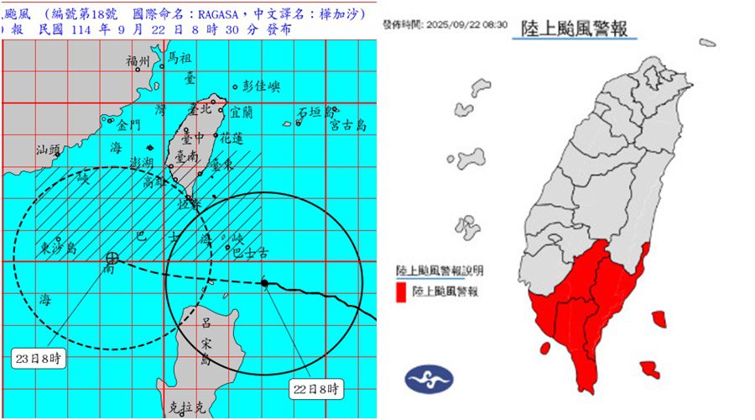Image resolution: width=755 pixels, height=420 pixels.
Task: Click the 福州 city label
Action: pos(138,61)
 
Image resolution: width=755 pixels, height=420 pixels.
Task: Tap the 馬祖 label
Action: pos(180,58)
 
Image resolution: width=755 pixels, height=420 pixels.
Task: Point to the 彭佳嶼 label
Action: pos(261,87)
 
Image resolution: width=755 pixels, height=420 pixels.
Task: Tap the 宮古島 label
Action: pos(348,125)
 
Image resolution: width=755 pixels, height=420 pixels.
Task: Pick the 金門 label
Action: pos(130,126)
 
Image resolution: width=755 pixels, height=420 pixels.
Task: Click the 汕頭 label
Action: pos(49,150)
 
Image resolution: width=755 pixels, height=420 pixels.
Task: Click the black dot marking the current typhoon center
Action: pos(265,284)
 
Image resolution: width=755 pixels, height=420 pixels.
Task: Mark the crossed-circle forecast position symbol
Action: pos(112,257)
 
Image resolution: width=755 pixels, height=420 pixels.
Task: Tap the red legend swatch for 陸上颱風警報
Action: pos(403,291)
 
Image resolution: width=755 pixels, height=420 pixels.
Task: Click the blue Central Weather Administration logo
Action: pos(429,378)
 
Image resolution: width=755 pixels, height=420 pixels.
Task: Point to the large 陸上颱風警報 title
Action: pos(575,28)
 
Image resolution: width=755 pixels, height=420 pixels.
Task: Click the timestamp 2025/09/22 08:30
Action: pos(461,24)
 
